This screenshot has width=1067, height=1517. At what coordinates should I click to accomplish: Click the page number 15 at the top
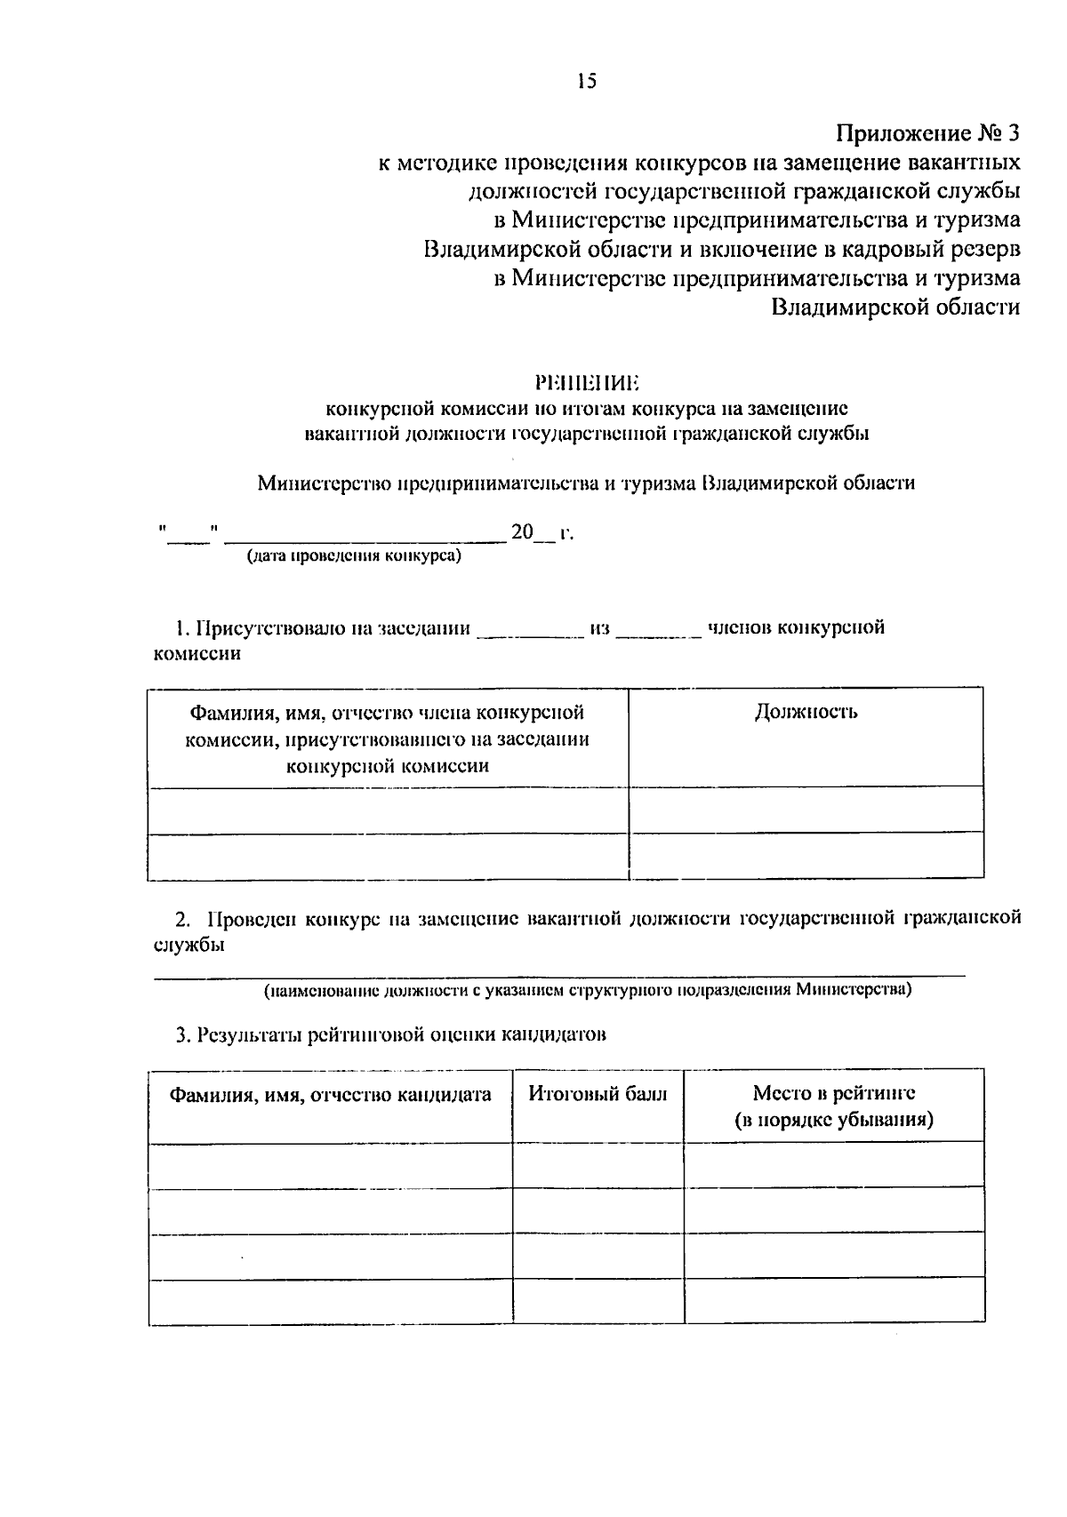[x=586, y=82]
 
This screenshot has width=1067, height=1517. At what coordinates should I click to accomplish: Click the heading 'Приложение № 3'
[x=927, y=134]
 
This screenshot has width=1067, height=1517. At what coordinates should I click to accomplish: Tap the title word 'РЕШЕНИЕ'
[x=587, y=383]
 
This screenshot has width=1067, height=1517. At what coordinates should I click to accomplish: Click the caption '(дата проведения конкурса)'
[x=354, y=556]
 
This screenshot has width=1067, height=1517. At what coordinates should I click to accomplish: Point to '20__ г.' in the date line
[x=542, y=532]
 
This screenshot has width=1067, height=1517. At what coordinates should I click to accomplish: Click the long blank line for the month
[x=365, y=536]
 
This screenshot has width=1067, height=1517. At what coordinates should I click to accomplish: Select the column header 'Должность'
[x=806, y=712]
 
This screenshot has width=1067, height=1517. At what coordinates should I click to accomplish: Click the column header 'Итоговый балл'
[x=598, y=1094]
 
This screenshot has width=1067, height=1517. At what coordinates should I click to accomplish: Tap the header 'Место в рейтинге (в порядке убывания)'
[x=833, y=1106]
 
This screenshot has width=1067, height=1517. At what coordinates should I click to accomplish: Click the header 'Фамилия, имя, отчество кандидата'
[x=331, y=1095]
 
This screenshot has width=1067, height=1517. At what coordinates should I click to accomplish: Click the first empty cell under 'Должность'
[x=806, y=810]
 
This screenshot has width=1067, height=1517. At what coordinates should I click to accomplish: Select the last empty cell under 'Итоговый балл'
[x=598, y=1302]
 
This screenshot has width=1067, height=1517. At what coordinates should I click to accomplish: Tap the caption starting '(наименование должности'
[x=587, y=989]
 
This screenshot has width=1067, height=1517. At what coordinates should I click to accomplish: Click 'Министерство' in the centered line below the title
[x=313, y=484]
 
